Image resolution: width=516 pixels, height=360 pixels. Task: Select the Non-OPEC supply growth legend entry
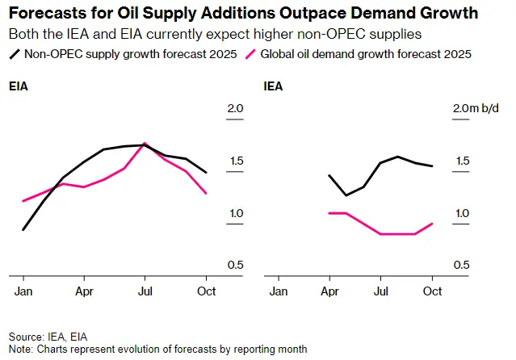tap(120, 55)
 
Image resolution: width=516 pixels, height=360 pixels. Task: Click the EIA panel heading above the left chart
tap(19, 86)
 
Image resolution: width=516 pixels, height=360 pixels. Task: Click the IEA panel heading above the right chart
tap(273, 86)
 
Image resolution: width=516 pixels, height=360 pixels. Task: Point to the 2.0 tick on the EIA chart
tap(235, 109)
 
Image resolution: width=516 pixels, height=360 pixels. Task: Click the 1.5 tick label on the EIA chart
tap(235, 161)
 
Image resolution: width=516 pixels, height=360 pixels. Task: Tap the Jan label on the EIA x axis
tap(24, 291)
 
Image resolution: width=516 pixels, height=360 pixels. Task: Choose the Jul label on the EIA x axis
tap(145, 291)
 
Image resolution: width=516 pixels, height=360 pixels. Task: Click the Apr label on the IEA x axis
tap(329, 291)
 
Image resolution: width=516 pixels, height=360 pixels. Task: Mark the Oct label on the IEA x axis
tap(432, 291)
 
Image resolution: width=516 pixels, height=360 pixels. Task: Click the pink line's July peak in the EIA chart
tap(145, 144)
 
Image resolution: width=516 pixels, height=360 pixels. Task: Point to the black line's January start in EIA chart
tap(23, 230)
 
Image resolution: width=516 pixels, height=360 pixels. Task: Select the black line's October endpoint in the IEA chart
tap(433, 166)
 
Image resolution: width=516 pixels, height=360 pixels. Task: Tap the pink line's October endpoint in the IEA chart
tap(433, 224)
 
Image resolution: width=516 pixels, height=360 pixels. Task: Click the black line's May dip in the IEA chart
tap(346, 195)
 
